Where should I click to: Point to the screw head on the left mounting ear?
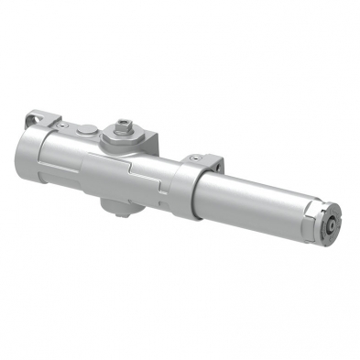tap(50, 122)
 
